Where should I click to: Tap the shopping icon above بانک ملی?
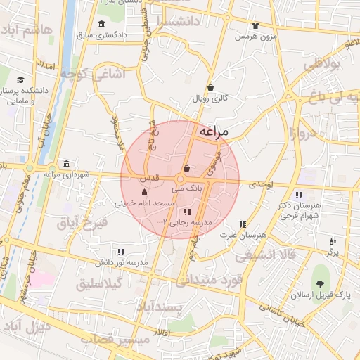click(186, 169)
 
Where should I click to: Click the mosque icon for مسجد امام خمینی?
click(145, 192)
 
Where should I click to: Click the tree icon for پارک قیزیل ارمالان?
click(321, 285)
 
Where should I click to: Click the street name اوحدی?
click(259, 184)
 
